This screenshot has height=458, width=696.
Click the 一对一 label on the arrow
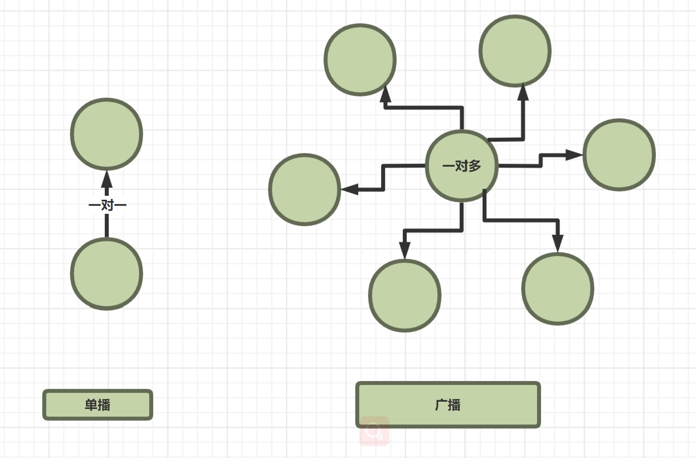(107, 205)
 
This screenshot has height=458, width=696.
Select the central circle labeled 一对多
(462, 166)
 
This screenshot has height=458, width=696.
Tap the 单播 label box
(98, 405)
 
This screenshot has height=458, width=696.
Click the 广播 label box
(448, 405)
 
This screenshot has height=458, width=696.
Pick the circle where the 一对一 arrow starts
(107, 274)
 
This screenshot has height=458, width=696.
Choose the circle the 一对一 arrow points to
(107, 134)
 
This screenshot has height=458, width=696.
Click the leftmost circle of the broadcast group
(305, 190)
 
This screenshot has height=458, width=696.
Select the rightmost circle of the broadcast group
(619, 155)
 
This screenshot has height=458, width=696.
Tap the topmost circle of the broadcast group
(515, 51)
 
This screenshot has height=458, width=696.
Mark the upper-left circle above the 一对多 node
(360, 59)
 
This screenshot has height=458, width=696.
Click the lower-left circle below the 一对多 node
(405, 296)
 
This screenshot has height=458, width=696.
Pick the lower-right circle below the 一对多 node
(558, 289)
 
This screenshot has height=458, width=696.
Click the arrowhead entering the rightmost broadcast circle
(574, 155)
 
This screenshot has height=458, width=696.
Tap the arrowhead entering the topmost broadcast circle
(523, 92)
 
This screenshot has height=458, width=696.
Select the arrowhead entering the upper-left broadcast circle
(386, 93)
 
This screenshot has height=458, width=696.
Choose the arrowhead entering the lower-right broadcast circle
(558, 243)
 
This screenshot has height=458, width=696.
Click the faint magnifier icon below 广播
(374, 431)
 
